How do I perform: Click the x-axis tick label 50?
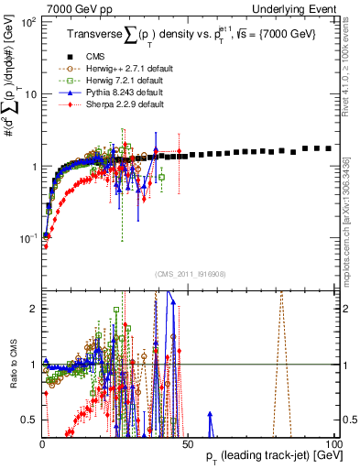188,444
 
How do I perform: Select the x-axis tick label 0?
42,444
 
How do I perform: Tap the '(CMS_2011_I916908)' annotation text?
188,275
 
